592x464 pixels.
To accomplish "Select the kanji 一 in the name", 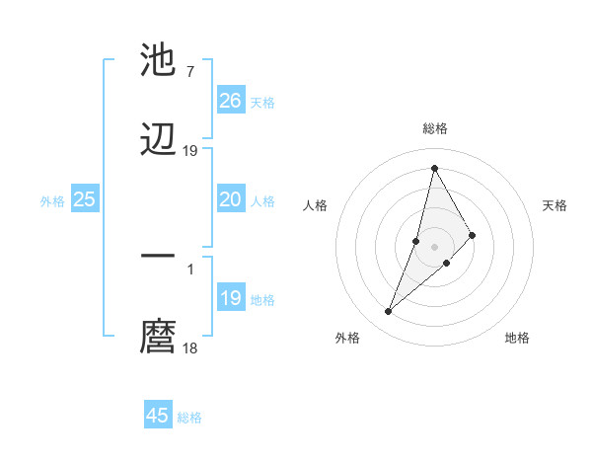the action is [158, 256].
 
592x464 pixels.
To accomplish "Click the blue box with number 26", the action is [231, 101].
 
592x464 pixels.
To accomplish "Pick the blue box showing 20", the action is [231, 199].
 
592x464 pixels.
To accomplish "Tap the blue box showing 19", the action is [231, 298].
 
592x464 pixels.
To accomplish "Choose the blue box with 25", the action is [85, 199].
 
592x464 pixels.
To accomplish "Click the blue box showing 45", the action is [158, 416].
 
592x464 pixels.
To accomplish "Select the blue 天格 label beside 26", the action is [262, 102].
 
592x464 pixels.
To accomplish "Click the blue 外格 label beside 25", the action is [52, 200].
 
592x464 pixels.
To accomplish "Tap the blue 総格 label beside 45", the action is [189, 418].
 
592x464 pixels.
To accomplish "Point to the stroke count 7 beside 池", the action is [189, 71].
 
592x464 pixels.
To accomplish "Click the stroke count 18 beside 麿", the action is [190, 348].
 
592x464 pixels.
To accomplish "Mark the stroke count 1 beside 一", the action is [189, 268].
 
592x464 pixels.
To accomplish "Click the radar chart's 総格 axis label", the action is [435, 128].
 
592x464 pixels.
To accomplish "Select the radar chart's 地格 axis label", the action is [517, 338].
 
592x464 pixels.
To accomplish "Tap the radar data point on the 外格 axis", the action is [388, 312].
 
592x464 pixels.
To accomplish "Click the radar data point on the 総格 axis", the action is [434, 168].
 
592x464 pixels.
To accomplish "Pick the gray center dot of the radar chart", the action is [434, 246].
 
